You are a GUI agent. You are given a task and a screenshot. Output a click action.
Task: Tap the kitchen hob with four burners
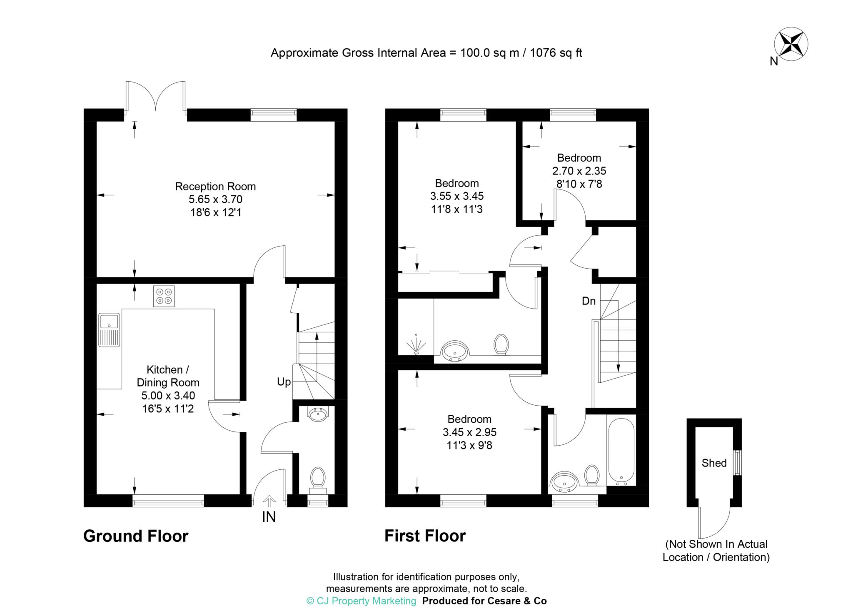point(164,296)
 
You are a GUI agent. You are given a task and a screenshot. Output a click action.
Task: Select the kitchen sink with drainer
point(109,330)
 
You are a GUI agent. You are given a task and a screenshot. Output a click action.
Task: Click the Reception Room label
point(215,186)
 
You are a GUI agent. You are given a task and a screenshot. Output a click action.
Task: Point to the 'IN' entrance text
point(269,517)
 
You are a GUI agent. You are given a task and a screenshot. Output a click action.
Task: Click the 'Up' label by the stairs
point(284,382)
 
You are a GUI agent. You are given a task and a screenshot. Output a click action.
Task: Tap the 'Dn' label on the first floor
point(589,301)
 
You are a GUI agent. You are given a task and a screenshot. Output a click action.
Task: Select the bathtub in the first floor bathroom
point(621,452)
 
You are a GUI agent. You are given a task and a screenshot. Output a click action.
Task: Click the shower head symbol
point(416,344)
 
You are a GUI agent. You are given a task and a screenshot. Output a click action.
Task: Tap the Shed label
point(714,463)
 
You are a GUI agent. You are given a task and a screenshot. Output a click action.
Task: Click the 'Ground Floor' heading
point(136,536)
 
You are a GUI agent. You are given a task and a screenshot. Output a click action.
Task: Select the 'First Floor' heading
point(425,536)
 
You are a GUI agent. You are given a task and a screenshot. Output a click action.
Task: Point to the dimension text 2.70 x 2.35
point(579,171)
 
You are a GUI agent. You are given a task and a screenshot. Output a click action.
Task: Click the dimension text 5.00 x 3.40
point(168,396)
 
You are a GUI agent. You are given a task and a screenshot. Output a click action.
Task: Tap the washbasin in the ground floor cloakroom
point(319,414)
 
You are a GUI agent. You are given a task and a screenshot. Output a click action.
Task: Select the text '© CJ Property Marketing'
point(361,601)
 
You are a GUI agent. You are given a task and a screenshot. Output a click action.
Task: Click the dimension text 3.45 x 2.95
point(469,432)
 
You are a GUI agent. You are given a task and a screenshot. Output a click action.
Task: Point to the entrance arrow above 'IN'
point(269,501)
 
